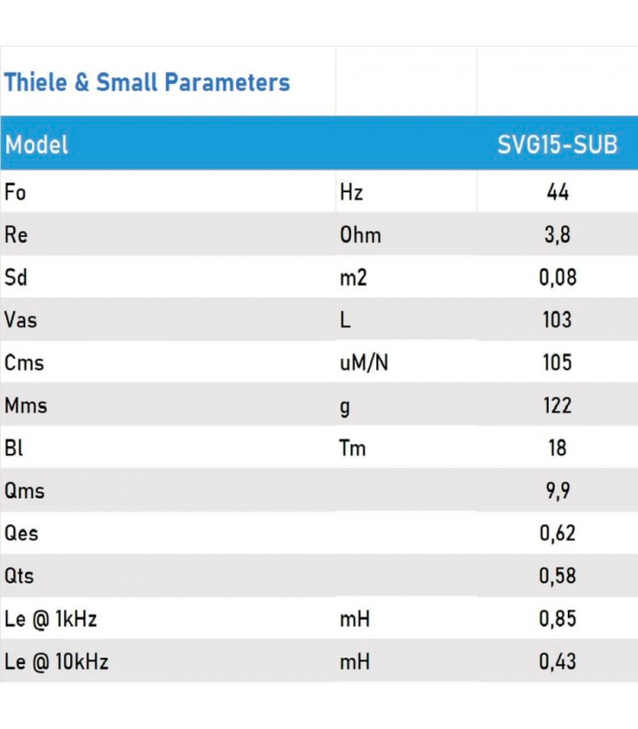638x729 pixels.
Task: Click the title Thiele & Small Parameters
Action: (147, 83)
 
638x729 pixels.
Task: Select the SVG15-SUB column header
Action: (557, 145)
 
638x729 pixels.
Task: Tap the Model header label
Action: (36, 145)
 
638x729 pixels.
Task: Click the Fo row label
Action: (15, 192)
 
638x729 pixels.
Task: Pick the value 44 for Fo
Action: (557, 192)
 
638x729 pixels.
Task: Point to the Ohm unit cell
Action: (360, 235)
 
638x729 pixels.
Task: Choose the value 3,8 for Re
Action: (557, 235)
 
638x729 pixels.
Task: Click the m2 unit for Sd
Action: (353, 278)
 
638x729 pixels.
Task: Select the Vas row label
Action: (21, 321)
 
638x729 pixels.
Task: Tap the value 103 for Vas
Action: (557, 321)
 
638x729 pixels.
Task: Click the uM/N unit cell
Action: (364, 363)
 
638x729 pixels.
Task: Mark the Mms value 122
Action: (557, 406)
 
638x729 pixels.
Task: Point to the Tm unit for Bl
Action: (353, 448)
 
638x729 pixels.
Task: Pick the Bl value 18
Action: (557, 448)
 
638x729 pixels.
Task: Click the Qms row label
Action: (25, 491)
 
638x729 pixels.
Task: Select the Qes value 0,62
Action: (557, 533)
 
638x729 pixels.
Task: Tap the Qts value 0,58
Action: (557, 576)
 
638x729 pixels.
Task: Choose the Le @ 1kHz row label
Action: (51, 619)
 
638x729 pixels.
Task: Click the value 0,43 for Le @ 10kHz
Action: (557, 662)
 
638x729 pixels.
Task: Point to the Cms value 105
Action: (557, 363)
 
